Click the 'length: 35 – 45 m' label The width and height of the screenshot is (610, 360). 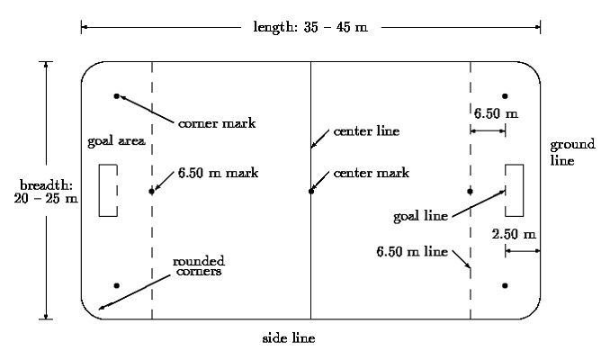pyautogui.click(x=310, y=27)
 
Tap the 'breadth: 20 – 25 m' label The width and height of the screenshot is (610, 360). pyautogui.click(x=46, y=192)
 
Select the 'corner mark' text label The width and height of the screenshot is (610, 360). pyautogui.click(x=217, y=123)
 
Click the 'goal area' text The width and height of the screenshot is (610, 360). pyautogui.click(x=116, y=141)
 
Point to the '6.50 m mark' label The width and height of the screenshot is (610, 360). pyautogui.click(x=218, y=173)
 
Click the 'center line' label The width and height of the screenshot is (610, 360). pyautogui.click(x=366, y=131)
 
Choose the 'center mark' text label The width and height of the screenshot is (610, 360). pyautogui.click(x=372, y=173)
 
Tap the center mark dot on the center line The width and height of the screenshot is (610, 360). pyautogui.click(x=310, y=192)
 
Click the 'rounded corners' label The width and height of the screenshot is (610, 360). pyautogui.click(x=199, y=266)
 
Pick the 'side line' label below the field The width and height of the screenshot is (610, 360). pyautogui.click(x=289, y=338)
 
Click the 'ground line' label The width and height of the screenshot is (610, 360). pyautogui.click(x=572, y=152)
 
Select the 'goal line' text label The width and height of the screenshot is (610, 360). pyautogui.click(x=420, y=216)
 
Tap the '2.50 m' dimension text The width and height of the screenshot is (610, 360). pyautogui.click(x=514, y=234)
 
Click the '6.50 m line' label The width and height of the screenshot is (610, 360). pyautogui.click(x=412, y=252)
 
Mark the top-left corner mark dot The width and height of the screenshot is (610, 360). pyautogui.click(x=116, y=96)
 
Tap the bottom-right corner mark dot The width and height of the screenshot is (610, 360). pyautogui.click(x=505, y=285)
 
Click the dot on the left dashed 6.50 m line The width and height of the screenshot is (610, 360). pyautogui.click(x=152, y=192)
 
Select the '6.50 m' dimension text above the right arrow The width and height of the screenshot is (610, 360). pyautogui.click(x=496, y=113)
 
